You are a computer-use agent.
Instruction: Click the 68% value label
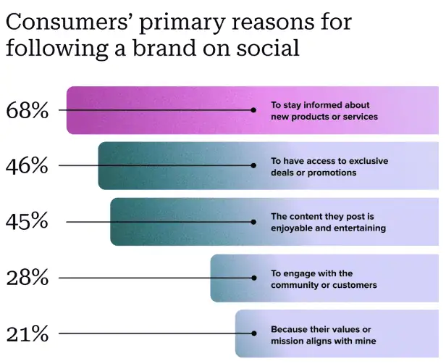27,110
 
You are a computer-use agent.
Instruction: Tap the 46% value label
27,165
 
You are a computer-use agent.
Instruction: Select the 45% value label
27,221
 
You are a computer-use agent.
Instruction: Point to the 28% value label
27,278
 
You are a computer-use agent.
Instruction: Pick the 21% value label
27,334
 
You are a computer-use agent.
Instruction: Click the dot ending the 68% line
253,110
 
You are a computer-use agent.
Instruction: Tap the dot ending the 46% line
253,165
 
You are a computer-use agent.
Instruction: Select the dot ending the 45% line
253,221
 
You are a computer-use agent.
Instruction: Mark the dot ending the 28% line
253,278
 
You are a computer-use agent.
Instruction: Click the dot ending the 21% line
253,334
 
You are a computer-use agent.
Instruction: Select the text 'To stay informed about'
320,105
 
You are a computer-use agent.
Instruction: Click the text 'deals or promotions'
314,173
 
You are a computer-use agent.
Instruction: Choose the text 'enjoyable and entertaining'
328,228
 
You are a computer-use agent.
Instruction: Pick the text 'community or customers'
324,285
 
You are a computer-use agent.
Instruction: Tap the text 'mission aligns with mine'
324,341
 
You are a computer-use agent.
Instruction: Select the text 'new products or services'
324,116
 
